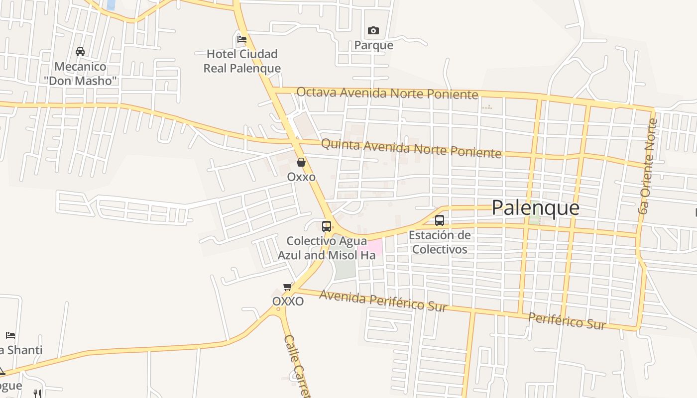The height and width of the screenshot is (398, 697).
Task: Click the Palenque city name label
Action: point(535,207)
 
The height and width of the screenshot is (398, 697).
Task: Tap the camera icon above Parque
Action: point(373,31)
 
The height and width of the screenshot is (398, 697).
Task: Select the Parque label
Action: point(373,45)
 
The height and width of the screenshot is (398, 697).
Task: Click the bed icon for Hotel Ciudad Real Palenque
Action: point(242,39)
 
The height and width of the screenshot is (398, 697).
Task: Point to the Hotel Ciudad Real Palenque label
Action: point(242,61)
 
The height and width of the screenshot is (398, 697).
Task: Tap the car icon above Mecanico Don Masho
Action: point(80,51)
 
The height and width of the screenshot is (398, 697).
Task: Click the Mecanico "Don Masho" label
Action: point(80,73)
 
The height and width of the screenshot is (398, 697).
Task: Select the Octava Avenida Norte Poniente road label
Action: point(387,93)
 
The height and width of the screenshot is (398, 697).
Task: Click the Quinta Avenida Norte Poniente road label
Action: point(411,148)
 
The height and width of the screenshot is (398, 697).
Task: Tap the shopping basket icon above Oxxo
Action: point(301,162)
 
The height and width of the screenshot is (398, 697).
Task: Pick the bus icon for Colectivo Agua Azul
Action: point(327,226)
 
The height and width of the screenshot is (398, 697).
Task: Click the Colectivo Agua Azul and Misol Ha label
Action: point(326,248)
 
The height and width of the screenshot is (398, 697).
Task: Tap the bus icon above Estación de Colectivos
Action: point(440,220)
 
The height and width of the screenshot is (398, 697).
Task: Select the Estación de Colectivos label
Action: point(440,242)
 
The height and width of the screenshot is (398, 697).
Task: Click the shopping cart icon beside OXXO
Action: point(287,287)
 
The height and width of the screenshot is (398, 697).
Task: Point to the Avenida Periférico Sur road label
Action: point(383,300)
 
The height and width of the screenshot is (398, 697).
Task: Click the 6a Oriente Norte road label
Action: point(648,167)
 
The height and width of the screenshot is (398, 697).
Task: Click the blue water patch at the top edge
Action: point(111,4)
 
